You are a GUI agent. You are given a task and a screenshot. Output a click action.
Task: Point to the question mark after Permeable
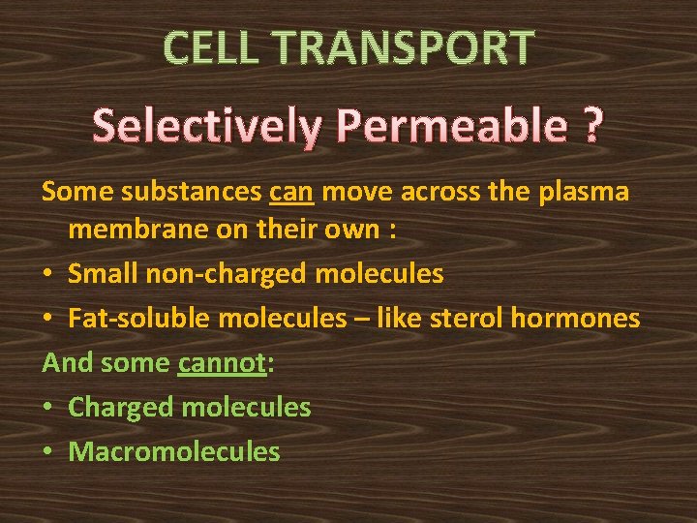tap(591, 126)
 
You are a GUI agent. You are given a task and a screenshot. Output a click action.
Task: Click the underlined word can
tap(291, 193)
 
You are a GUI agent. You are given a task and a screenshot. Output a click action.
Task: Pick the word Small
tap(104, 274)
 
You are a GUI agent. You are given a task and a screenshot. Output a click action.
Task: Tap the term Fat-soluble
tap(126, 319)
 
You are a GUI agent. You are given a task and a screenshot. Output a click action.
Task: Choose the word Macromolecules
tap(174, 452)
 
